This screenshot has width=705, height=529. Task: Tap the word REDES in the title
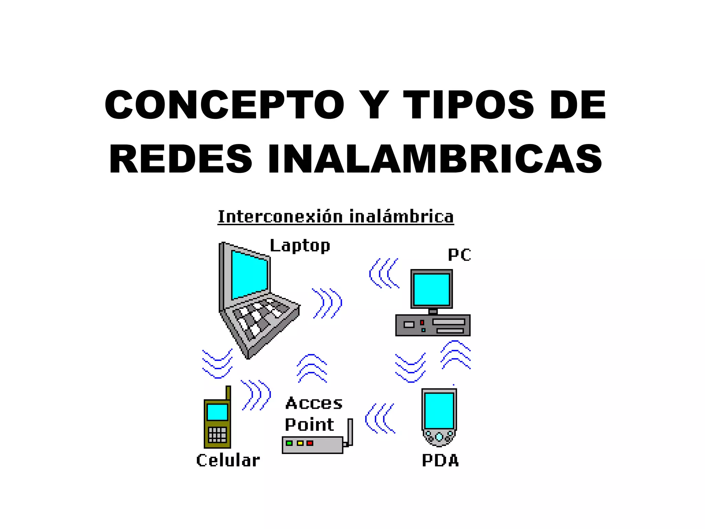(181, 159)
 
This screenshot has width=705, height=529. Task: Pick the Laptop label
(300, 246)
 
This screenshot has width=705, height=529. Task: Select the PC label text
(459, 255)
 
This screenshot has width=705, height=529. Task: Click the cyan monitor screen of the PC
(432, 289)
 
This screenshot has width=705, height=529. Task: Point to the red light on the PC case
(422, 323)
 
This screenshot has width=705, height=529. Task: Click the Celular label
(228, 460)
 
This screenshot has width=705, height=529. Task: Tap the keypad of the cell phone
(217, 435)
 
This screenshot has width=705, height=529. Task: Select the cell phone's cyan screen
(217, 412)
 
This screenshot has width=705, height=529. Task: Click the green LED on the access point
(289, 443)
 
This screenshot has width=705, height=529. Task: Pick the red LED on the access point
(310, 443)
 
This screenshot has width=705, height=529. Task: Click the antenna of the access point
(350, 431)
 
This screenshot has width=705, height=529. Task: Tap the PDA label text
(440, 461)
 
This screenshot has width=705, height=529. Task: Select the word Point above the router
(309, 425)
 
